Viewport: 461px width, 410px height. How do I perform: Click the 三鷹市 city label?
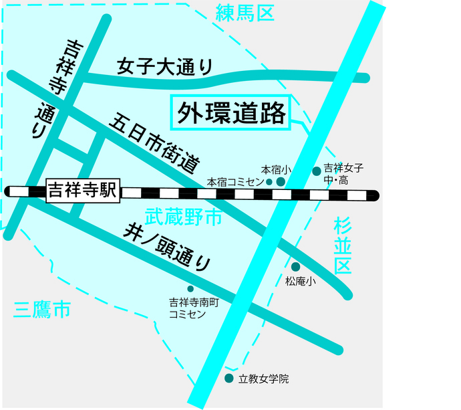tap(41, 309)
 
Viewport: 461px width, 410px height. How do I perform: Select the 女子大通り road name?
tap(164, 67)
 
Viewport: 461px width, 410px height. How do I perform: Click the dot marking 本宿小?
tap(281, 181)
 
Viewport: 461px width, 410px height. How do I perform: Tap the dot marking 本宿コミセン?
tap(269, 181)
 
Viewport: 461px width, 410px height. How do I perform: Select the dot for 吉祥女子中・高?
tap(317, 171)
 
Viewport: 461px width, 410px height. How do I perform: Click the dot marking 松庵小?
tap(295, 267)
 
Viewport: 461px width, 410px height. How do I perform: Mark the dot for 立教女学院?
tap(229, 379)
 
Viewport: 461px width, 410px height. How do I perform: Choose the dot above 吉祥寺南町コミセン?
tap(190, 289)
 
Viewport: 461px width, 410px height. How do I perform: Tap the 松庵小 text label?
tap(300, 282)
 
